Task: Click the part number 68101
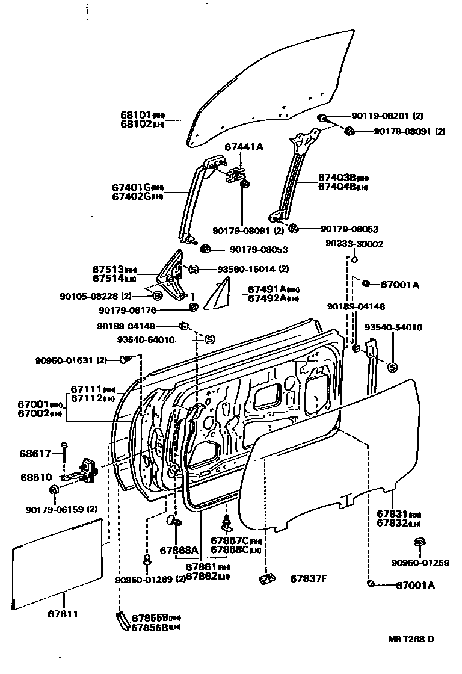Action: click(135, 114)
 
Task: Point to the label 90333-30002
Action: click(354, 244)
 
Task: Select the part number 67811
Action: click(62, 614)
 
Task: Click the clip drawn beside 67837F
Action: click(266, 580)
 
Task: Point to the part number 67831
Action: click(392, 514)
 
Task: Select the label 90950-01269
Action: click(144, 580)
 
